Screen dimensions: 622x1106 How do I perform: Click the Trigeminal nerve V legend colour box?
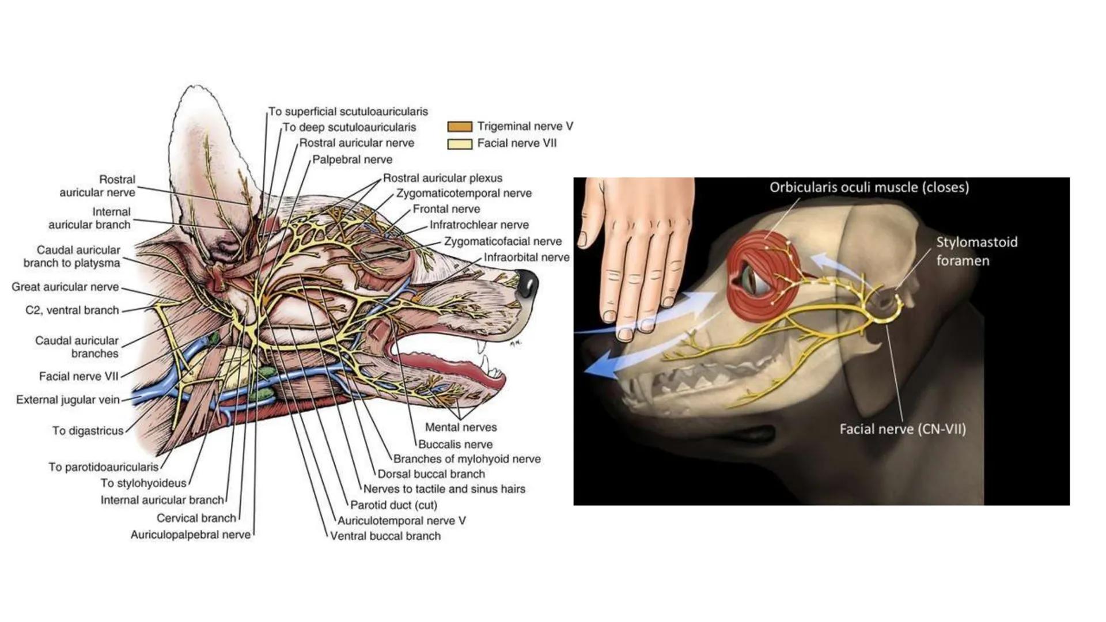[x=460, y=127]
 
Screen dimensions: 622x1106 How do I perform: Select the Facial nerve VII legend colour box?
[x=460, y=144]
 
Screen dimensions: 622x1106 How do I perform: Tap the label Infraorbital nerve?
[x=526, y=257]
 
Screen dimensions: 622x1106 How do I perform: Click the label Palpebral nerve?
[x=352, y=160]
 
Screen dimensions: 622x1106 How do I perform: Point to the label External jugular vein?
[x=67, y=400]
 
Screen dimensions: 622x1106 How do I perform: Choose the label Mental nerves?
[x=460, y=427]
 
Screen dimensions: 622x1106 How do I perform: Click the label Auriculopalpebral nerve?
[x=190, y=535]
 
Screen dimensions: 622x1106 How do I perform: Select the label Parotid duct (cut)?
[x=393, y=505]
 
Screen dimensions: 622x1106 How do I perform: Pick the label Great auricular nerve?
[x=65, y=287]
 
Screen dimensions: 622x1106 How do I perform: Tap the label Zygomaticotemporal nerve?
[x=464, y=194]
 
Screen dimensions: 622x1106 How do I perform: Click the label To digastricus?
[x=88, y=431]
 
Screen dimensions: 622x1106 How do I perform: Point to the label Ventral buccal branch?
[x=385, y=536]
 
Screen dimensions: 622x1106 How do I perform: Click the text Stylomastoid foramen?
[x=976, y=251]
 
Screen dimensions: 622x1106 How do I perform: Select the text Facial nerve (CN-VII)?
[x=902, y=429]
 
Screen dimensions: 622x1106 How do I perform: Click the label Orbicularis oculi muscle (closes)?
[x=869, y=187]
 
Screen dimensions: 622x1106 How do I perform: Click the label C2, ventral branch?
[x=72, y=310]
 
